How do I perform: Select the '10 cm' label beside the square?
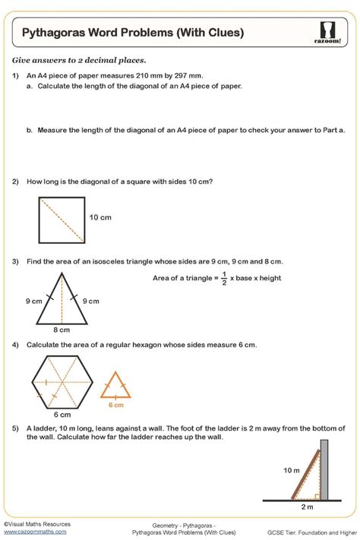(100, 217)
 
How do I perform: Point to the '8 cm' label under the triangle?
(61, 330)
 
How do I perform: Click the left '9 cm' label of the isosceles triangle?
(33, 301)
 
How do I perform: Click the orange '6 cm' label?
(115, 405)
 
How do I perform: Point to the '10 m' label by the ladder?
(292, 471)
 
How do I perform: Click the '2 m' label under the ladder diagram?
(307, 507)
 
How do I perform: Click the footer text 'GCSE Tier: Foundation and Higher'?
(309, 532)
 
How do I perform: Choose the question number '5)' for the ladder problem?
(15, 427)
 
